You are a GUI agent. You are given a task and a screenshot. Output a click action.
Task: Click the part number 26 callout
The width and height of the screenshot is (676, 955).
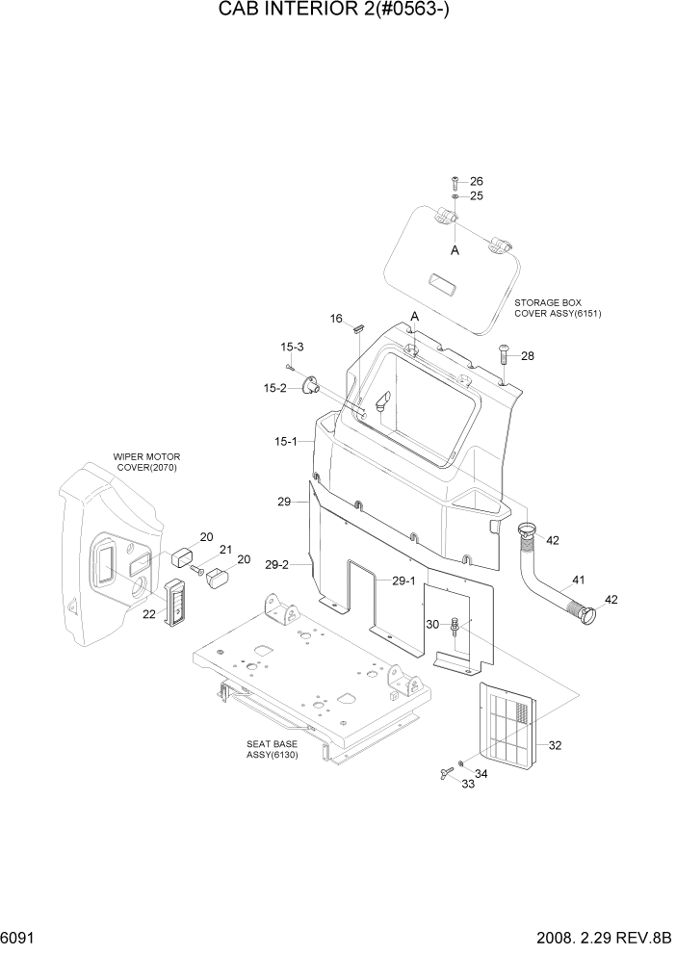pyautogui.click(x=476, y=182)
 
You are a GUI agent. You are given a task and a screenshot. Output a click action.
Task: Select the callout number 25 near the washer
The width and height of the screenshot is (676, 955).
pyautogui.click(x=476, y=195)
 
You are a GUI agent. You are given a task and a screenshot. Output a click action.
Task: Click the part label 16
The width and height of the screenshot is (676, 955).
pyautogui.click(x=336, y=319)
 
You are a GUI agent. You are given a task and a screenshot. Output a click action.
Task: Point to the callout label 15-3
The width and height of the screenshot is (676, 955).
pyautogui.click(x=292, y=347)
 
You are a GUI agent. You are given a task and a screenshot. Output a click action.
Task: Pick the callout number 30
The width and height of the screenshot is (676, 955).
pyautogui.click(x=432, y=625)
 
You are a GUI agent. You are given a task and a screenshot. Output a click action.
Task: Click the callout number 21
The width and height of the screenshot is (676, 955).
pyautogui.click(x=227, y=550)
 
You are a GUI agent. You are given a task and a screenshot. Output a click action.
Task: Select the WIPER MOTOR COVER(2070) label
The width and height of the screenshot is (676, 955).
pyautogui.click(x=146, y=462)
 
